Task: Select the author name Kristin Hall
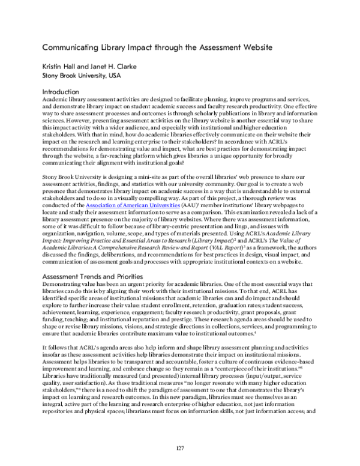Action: click(59, 67)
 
